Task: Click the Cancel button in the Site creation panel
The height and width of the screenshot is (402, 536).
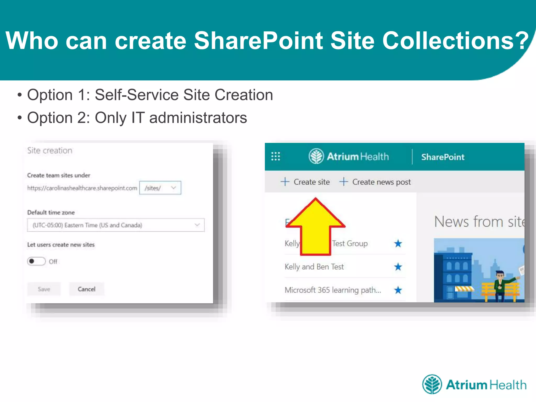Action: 87,289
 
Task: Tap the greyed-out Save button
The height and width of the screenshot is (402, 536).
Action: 44,289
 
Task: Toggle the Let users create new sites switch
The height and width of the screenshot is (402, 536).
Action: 36,261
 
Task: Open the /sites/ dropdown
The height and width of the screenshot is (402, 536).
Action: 160,188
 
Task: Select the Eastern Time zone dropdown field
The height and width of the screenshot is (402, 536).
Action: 116,225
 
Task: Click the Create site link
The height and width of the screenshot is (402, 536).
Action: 305,182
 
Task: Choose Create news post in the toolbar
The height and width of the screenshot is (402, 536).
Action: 375,182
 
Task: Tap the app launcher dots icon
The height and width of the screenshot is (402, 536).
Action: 276,156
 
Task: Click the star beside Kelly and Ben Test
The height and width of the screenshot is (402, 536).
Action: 398,267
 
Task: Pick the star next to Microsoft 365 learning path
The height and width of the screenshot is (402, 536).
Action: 398,290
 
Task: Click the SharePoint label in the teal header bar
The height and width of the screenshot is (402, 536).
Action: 443,157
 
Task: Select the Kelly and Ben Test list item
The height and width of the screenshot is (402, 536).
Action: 314,267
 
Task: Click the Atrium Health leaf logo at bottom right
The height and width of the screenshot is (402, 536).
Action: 432,384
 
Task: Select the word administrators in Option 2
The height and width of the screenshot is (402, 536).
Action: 198,118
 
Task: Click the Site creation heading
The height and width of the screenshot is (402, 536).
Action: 50,150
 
